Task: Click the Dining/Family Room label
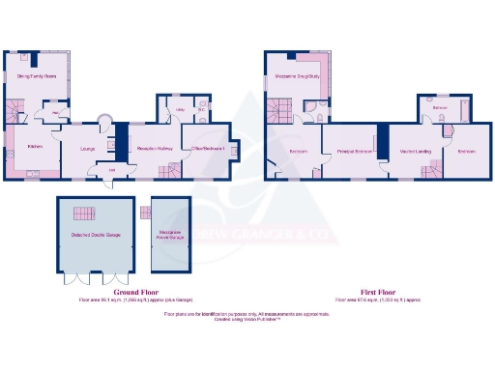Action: [x=37, y=75]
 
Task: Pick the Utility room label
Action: [x=179, y=111]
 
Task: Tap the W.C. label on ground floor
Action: [x=202, y=111]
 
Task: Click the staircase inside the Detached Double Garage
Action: [x=85, y=213]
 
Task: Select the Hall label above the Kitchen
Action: [x=56, y=113]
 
